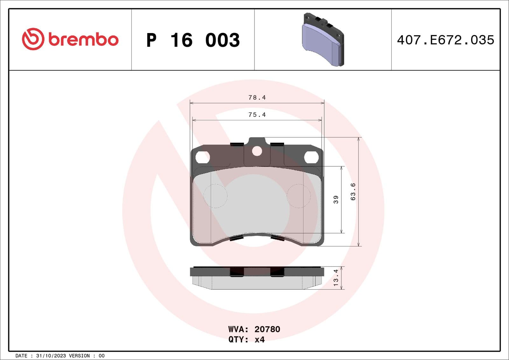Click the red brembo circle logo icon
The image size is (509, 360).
[33, 39]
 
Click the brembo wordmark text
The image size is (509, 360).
[83, 39]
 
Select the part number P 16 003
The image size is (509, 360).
[193, 40]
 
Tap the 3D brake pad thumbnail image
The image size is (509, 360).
[322, 40]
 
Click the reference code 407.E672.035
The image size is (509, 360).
[445, 40]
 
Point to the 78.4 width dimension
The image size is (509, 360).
[257, 98]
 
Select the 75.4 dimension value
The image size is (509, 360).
[257, 115]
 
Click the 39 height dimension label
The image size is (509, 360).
[336, 200]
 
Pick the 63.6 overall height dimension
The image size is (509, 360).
[353, 191]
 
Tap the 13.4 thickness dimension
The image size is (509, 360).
[336, 278]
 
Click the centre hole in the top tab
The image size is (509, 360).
[257, 151]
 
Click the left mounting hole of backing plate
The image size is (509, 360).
[203, 157]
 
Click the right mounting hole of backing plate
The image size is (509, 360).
[311, 157]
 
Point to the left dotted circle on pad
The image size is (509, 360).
[215, 196]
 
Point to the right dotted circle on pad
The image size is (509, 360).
[298, 196]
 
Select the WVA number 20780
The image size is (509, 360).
[267, 329]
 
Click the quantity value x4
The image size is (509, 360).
[260, 340]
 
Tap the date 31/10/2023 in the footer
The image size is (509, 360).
[51, 356]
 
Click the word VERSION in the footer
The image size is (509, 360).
[79, 356]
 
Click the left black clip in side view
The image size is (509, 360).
[236, 272]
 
